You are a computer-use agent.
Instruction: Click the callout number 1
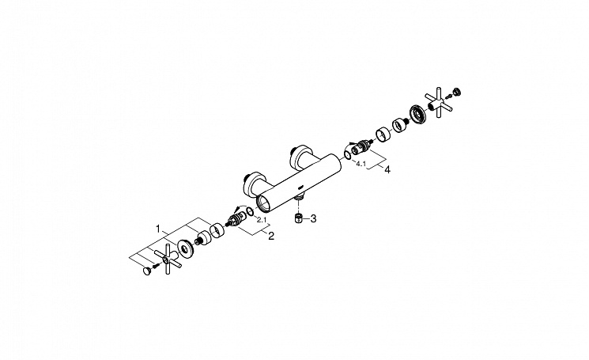[x=159, y=229]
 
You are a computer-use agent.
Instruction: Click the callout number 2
[x=271, y=236]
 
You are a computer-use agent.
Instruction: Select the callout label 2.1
[x=262, y=219]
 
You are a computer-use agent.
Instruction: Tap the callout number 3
[x=313, y=218]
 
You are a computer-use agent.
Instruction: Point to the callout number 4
[x=387, y=169]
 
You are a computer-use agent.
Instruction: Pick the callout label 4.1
[x=361, y=164]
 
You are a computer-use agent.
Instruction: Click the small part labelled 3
[x=298, y=218]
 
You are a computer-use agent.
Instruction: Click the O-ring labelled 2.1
[x=250, y=214]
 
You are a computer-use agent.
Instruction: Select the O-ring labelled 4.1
[x=348, y=154]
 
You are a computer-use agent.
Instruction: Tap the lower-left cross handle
[x=168, y=259]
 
